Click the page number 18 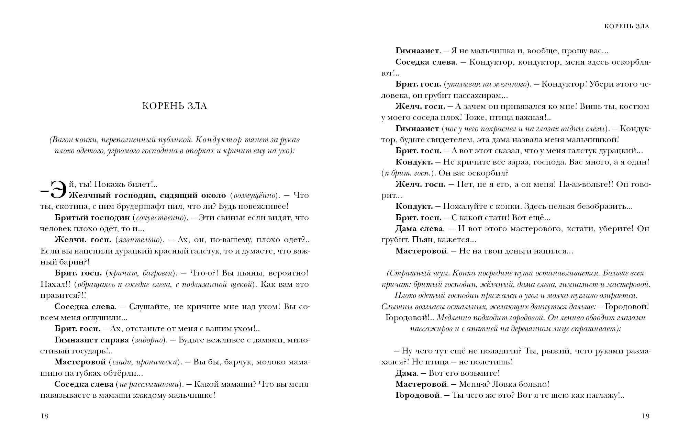(44, 416)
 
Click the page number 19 (645, 416)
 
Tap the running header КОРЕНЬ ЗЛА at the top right (627, 26)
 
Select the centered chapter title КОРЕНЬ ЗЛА (175, 106)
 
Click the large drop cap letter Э (58, 190)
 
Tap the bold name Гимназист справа (91, 340)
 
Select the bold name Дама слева (419, 229)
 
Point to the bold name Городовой (418, 395)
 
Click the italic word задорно (147, 340)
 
